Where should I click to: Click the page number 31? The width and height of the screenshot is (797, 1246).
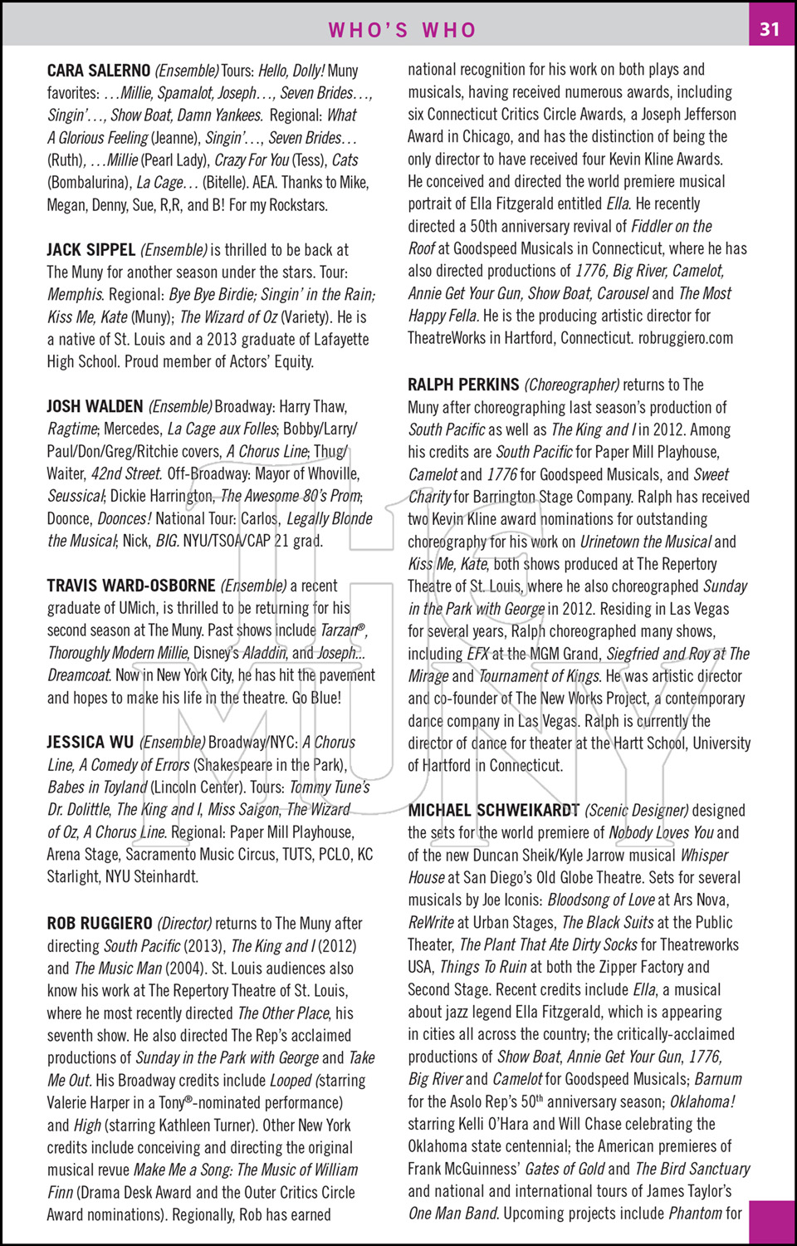[x=770, y=29]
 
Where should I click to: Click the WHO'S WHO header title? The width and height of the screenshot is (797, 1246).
[x=403, y=30]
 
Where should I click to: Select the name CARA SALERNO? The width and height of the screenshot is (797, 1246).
[x=99, y=71]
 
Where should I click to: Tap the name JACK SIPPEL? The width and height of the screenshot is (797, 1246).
[x=90, y=249]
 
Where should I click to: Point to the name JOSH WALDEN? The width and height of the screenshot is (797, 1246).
[x=95, y=406]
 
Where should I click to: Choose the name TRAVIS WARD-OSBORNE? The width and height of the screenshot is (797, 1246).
[x=130, y=586]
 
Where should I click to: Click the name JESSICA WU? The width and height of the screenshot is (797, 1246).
[x=90, y=742]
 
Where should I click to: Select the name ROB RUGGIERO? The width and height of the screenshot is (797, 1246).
[x=100, y=923]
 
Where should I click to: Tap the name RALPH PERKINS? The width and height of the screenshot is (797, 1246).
[x=463, y=385]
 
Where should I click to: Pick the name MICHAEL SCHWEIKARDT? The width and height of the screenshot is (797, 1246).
[x=493, y=810]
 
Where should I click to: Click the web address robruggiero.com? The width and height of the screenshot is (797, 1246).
[x=685, y=338]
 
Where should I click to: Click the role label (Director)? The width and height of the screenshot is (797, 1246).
[x=184, y=923]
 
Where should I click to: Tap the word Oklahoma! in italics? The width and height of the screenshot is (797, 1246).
[x=702, y=1101]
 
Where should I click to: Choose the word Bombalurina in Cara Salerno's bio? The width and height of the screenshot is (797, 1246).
[x=89, y=183]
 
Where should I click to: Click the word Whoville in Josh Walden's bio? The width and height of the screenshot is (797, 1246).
[x=330, y=473]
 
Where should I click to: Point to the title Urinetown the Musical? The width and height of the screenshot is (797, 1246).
[x=645, y=542]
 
